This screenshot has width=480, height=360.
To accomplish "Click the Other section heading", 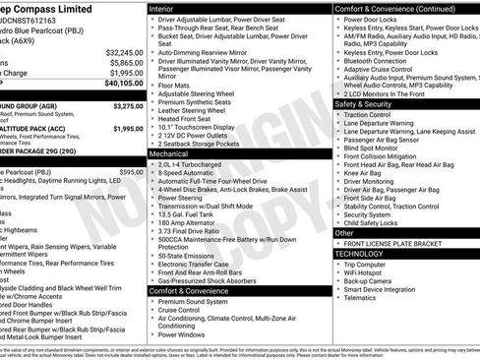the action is pos(344,233).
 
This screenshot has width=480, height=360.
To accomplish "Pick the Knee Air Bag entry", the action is pos(365,171).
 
